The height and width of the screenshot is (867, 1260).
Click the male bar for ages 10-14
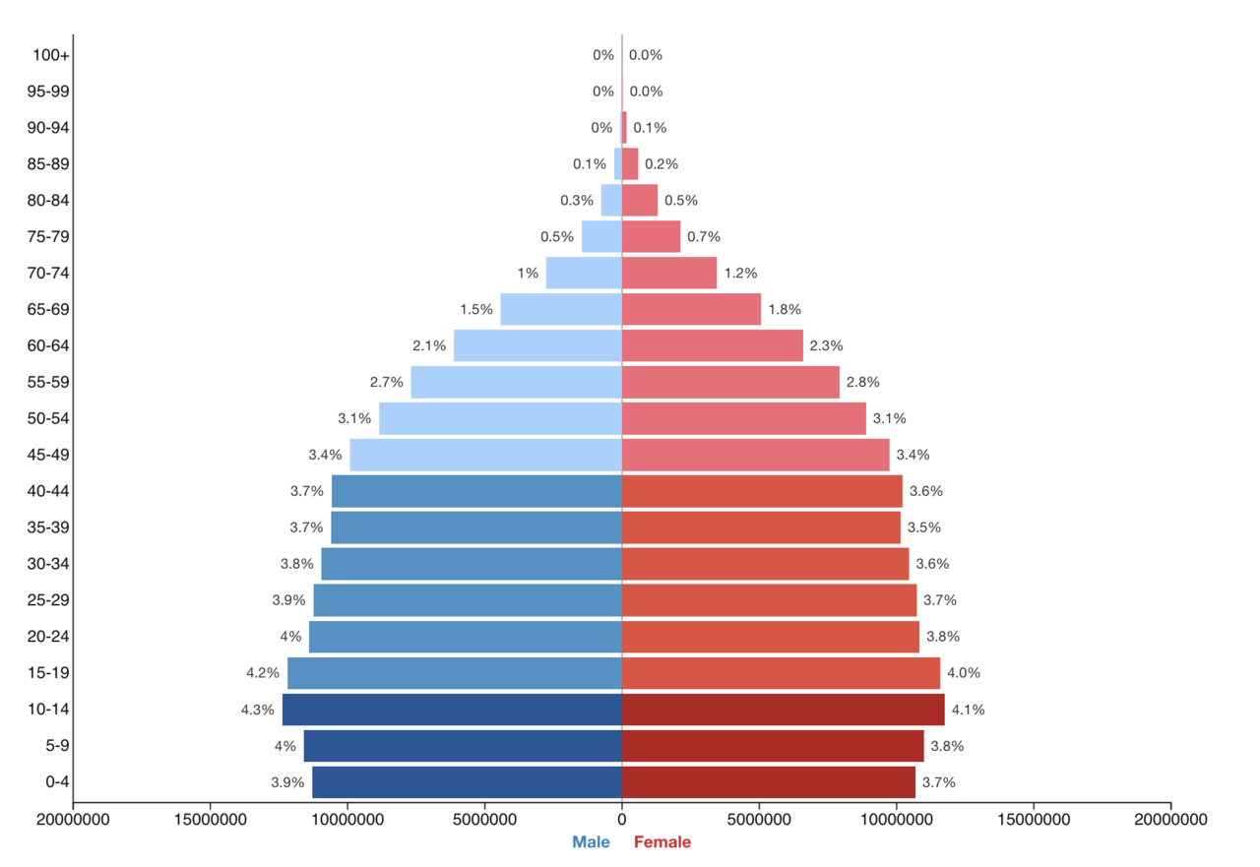pos(452,710)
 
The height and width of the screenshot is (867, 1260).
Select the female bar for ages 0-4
pos(769,782)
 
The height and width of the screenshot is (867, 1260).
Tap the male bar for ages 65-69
pos(561,309)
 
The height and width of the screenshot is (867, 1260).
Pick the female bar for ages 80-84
pos(640,200)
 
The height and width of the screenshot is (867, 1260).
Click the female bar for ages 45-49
pos(756,455)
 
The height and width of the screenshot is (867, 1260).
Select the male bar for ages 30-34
pos(472,564)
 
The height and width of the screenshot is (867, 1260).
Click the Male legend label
pos(591,842)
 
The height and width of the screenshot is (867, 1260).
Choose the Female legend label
pos(662,842)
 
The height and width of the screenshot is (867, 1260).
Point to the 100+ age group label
pos(51,55)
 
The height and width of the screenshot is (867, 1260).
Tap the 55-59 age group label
pos(49,382)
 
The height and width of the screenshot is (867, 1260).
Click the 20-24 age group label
pos(49,637)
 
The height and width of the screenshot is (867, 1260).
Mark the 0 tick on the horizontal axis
pos(622,819)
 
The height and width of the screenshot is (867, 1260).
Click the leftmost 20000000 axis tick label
pos(73,819)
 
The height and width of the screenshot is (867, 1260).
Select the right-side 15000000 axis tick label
pos(1034,819)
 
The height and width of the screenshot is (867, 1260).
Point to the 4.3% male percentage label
pos(258,710)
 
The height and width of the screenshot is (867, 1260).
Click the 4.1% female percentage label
pos(968,710)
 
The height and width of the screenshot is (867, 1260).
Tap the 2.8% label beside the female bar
pos(862,382)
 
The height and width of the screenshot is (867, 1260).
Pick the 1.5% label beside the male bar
pos(476,309)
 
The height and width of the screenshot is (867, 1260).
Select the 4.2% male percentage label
pos(263,673)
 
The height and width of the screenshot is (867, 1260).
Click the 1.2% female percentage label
pos(740,273)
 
